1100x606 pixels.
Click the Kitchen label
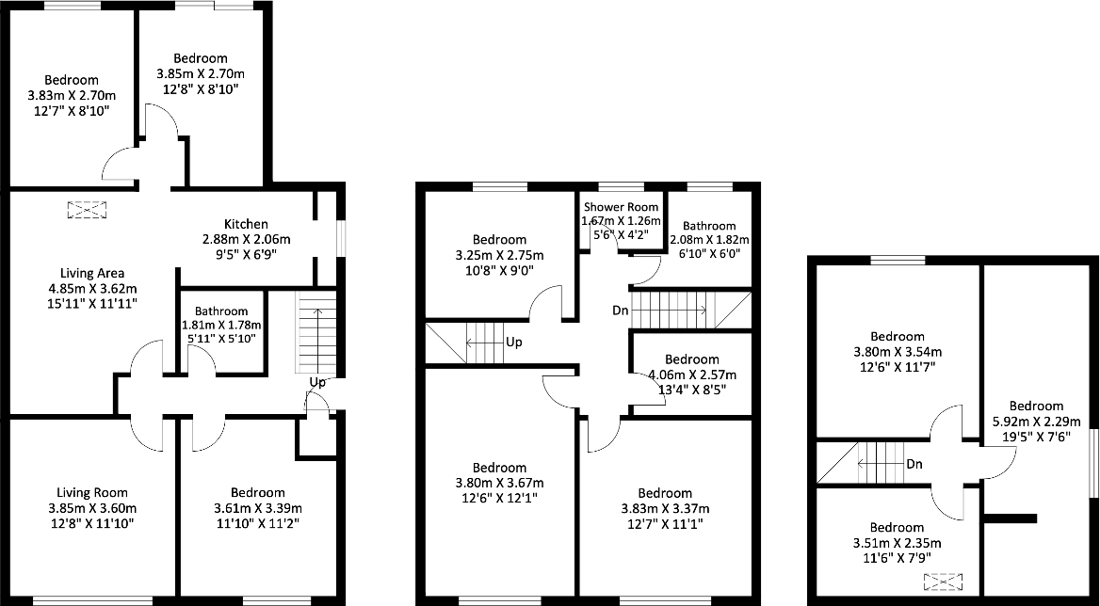coord(246,224)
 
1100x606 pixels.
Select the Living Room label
coord(91,492)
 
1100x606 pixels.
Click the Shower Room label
coord(621,207)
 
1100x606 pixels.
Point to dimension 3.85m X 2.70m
coord(201,74)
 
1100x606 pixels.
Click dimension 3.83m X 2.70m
coord(71,95)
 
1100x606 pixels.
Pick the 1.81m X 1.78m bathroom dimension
coord(221,326)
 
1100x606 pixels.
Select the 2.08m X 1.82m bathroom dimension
coord(709,240)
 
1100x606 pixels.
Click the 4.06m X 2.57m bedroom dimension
coord(691,374)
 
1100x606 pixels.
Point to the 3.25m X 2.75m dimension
coord(499,255)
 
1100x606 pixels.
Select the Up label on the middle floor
coord(514,343)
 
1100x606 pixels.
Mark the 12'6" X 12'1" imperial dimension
coord(499,498)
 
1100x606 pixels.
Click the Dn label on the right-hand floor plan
coord(914,464)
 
